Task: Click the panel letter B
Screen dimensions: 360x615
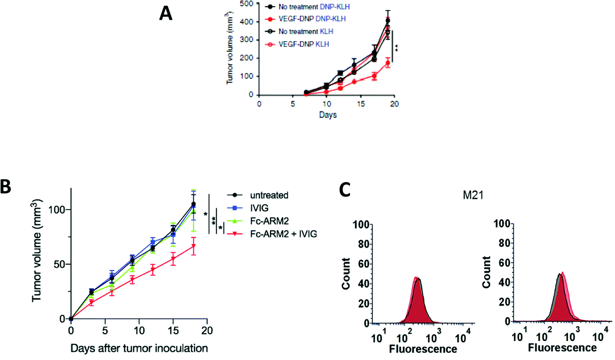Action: (5, 187)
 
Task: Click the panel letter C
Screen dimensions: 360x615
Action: (344, 190)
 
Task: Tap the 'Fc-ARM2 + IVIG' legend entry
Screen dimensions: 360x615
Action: (283, 234)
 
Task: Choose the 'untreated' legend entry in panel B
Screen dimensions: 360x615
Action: (269, 195)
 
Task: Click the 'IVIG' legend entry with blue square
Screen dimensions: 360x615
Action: (259, 208)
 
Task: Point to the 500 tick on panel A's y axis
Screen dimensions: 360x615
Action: (247, 4)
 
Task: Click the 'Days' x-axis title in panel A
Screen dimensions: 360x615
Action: (327, 115)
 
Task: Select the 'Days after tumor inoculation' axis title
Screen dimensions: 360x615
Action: (139, 348)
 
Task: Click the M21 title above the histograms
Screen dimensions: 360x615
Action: (473, 195)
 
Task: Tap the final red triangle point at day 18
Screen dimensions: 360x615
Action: (193, 246)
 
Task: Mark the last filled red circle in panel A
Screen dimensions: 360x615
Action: (388, 63)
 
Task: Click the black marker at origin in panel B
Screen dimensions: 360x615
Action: (71, 319)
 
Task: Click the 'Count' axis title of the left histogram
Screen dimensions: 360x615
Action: (346, 274)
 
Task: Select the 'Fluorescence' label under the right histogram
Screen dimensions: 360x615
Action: (562, 348)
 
